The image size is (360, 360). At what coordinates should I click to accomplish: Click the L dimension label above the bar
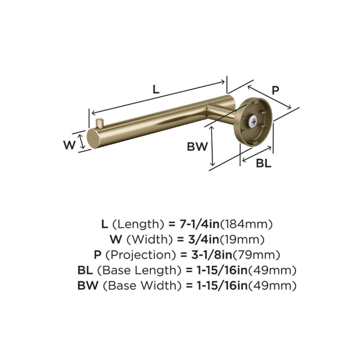pos(156,89)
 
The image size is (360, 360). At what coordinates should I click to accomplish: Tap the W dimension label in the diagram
pos(69,145)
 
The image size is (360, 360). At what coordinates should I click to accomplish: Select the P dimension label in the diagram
pos(275,90)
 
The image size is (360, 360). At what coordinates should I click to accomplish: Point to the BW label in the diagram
pos(198,147)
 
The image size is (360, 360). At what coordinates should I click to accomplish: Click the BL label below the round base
pos(264,163)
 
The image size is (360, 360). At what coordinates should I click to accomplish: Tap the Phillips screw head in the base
pos(254,121)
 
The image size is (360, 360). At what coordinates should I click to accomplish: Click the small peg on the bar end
pos(100,123)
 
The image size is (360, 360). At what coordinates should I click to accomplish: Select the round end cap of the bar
pos(93,139)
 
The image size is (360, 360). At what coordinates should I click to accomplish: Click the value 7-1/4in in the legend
pos(199,224)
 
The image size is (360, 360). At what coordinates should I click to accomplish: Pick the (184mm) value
pos(246,224)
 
